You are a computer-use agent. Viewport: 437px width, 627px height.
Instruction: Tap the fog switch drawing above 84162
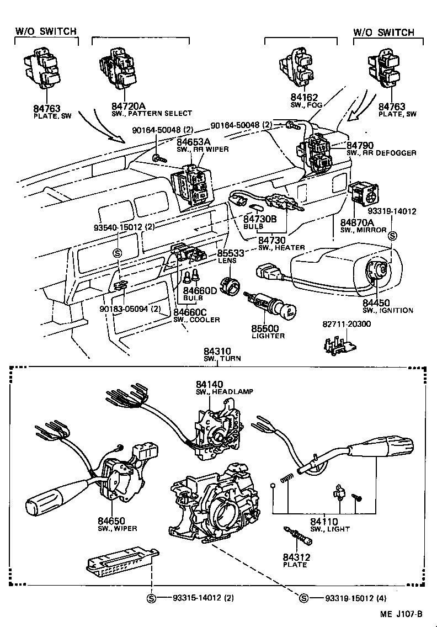pos(301,70)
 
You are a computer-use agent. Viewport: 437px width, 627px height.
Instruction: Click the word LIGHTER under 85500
pos(268,336)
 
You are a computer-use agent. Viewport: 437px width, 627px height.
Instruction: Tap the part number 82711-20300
pos(347,324)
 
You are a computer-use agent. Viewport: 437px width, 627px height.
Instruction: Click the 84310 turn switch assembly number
pos(217,350)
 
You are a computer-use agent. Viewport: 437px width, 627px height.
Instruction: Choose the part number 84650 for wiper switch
pos(112,520)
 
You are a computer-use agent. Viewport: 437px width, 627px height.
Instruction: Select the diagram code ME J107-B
pos(401,614)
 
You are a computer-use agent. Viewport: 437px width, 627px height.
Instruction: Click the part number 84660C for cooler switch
pos(189,312)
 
